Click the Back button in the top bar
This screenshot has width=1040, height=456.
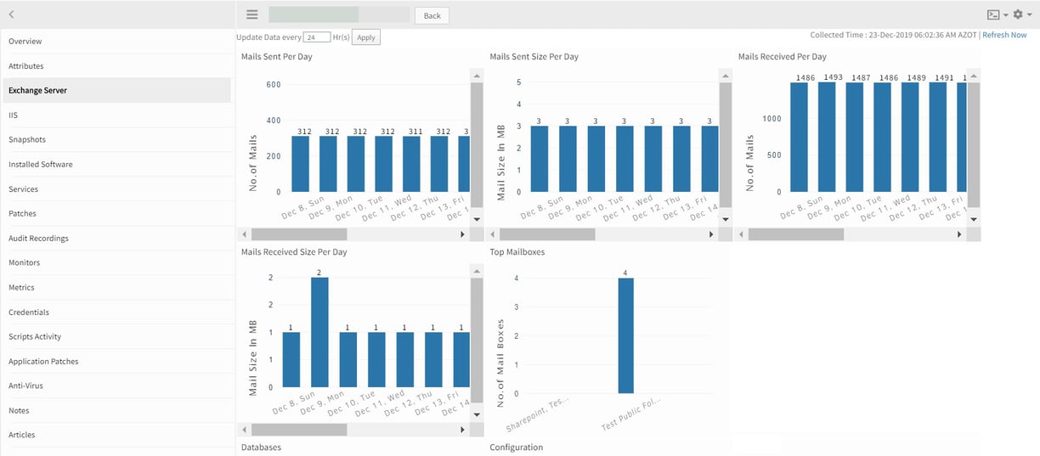[432, 15]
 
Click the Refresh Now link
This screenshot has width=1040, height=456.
[1004, 35]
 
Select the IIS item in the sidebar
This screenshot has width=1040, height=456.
[14, 115]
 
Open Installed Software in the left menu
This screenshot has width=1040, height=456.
[41, 164]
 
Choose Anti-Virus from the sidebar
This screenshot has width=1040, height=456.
[25, 386]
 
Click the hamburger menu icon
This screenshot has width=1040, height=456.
[252, 14]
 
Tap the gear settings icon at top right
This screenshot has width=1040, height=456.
[1018, 14]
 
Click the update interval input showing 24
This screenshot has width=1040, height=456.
[317, 37]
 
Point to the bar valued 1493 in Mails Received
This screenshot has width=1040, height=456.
[833, 136]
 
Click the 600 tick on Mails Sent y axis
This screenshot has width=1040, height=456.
[273, 85]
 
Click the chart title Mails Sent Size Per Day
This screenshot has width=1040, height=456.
[534, 57]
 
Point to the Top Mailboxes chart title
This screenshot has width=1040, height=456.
[517, 252]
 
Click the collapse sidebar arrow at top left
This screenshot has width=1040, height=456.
[12, 14]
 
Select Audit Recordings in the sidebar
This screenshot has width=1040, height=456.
[38, 239]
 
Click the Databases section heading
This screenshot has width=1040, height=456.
[261, 447]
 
